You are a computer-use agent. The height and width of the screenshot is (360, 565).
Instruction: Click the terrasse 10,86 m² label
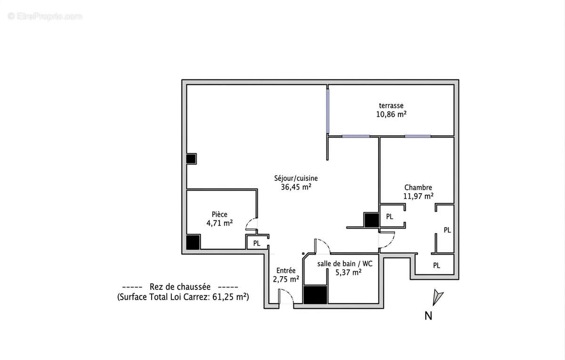391,110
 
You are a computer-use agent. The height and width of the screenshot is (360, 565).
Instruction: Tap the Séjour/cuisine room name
296,178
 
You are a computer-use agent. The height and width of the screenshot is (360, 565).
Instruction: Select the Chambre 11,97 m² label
418,192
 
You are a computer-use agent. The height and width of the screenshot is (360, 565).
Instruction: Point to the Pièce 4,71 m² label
219,219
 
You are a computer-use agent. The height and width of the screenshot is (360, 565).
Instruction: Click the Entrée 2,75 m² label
286,275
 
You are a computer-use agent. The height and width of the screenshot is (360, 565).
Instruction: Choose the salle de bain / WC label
345,264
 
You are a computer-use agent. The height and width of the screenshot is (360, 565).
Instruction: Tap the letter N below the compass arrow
428,316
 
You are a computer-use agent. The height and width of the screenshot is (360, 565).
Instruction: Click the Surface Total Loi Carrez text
183,297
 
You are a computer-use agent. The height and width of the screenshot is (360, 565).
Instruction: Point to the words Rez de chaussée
180,287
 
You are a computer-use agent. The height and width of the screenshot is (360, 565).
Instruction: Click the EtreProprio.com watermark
45,16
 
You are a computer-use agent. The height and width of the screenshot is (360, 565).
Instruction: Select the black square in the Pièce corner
193,242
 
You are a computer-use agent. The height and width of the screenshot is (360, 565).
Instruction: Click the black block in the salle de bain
315,295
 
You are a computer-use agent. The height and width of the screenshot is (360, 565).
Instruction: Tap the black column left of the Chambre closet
371,220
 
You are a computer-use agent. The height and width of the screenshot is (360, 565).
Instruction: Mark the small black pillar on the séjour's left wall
191,159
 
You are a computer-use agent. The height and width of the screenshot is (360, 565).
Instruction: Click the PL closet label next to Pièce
257,243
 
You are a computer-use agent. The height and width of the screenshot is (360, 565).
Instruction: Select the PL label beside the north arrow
436,265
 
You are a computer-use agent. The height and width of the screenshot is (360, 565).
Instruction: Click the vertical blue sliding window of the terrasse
327,111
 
